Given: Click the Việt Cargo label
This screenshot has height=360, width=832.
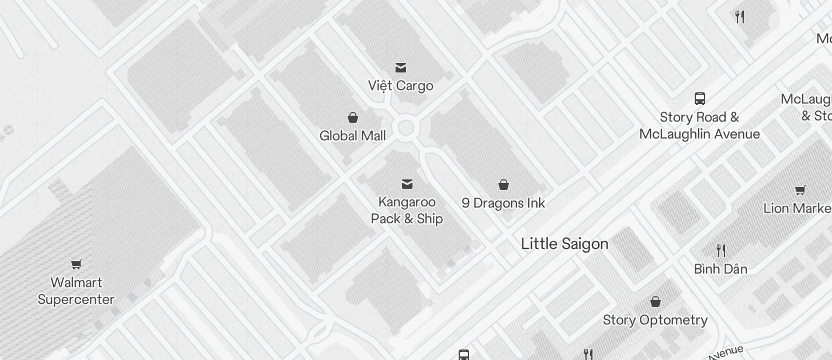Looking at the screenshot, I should point(401,86).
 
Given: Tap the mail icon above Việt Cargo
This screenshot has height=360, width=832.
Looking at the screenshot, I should point(401,68).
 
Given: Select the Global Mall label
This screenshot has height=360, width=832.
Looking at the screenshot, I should point(353,136).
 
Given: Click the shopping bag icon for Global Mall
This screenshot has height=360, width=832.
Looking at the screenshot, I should point(353,118).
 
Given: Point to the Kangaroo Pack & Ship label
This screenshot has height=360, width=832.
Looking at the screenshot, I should point(407,210).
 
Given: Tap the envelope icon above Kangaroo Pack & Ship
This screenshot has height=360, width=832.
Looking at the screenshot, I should point(407,185).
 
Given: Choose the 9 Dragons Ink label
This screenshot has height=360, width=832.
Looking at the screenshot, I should point(504,203).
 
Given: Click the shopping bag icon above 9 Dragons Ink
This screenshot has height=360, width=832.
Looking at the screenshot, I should point(504,185).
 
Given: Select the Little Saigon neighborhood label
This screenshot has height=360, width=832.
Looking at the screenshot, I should point(564,244).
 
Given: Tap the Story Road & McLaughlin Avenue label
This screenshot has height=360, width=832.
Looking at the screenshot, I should point(699,126).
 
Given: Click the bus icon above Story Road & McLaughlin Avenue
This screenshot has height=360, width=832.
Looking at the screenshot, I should point(699,98).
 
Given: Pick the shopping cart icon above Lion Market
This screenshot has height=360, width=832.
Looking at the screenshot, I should point(800,190).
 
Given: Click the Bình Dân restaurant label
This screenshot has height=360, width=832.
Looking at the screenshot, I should point(720,269).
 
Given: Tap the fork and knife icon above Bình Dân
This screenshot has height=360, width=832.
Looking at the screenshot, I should point(721,251).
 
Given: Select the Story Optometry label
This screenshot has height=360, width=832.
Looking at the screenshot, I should point(655,320).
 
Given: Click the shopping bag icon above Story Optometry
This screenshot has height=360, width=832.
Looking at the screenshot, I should point(656,302).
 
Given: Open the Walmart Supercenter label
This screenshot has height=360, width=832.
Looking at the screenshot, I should point(76,291).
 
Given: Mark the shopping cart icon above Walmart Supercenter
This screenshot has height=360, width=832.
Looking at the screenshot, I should point(77,264).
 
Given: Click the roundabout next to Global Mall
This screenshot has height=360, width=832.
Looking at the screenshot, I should point(405,127).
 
